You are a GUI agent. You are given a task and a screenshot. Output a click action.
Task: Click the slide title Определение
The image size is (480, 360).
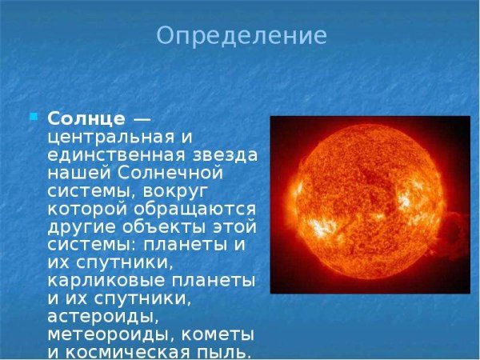point(241,36)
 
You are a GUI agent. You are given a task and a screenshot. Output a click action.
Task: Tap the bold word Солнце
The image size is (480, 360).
point(86,118)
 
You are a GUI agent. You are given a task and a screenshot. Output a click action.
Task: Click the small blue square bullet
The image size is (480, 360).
point(34,117)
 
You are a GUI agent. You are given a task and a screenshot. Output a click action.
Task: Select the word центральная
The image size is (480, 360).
point(107,137)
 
